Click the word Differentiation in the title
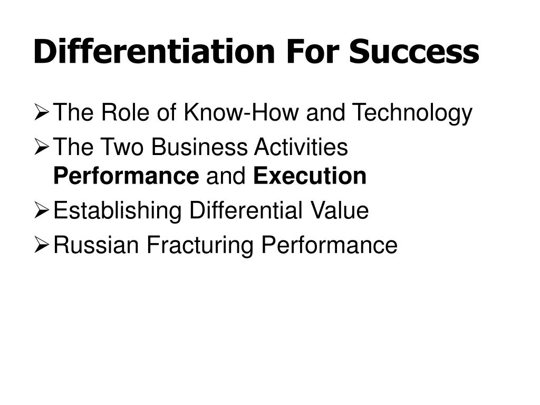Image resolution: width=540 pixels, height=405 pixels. click(155, 51)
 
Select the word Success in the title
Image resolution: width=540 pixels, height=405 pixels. click(414, 52)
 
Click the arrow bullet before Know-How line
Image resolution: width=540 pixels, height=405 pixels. click(42, 113)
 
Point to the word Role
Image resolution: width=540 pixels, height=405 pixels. click(125, 112)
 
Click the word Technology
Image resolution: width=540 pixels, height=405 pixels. click(412, 114)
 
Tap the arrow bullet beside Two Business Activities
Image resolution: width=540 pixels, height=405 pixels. click(42, 147)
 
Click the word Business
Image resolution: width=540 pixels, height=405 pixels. click(199, 147)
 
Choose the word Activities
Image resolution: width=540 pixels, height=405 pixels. click(301, 147)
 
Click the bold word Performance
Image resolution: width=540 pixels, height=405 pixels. click(127, 176)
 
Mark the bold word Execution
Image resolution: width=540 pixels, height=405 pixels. click(310, 176)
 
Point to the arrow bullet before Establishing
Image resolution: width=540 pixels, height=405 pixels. click(42, 211)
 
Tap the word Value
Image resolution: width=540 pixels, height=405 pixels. click(339, 210)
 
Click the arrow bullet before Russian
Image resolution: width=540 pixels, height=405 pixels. click(42, 245)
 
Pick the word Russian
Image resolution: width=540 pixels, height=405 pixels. click(97, 245)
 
